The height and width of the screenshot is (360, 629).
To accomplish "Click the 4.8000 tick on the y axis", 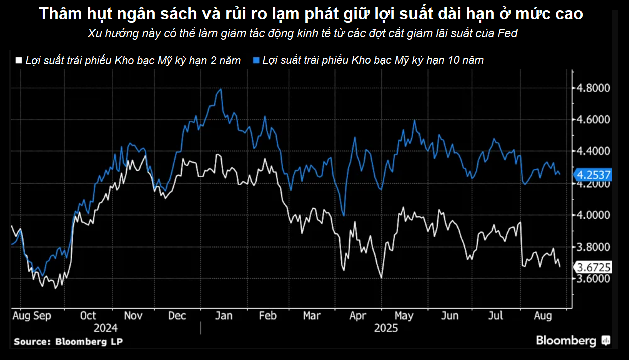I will click(594, 88).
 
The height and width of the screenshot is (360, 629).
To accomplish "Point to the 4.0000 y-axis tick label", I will click(594, 215).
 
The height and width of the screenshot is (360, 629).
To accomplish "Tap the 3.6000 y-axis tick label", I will click(594, 278).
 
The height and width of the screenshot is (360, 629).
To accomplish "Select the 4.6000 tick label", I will click(594, 120).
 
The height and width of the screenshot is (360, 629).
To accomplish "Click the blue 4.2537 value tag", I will click(594, 175).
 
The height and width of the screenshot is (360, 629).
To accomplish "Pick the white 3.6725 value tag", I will click(594, 267).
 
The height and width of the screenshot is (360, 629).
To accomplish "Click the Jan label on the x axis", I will click(223, 316).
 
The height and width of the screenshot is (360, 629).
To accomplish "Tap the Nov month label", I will click(133, 316).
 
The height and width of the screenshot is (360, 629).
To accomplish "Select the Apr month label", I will click(357, 316).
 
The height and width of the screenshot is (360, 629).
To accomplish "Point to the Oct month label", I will click(88, 316).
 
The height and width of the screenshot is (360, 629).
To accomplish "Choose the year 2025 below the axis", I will click(386, 328).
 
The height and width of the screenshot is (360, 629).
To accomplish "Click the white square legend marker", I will click(19, 60).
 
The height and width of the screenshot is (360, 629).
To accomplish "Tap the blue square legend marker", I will click(256, 60).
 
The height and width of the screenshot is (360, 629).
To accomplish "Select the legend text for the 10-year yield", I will click(373, 60).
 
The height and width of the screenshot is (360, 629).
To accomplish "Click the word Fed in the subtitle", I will click(507, 34).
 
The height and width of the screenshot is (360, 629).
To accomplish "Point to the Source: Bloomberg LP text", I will click(68, 341).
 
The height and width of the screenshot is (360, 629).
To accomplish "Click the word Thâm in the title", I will click(57, 14).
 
